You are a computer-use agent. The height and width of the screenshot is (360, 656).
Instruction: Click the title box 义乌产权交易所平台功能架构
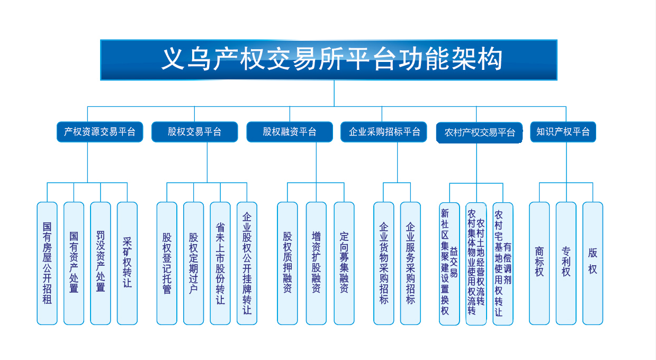[329, 60]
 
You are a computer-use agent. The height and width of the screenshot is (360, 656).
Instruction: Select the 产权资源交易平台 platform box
[100, 132]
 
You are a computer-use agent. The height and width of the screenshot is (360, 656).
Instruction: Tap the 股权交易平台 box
[194, 132]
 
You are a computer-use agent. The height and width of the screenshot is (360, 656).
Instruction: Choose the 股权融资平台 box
[290, 132]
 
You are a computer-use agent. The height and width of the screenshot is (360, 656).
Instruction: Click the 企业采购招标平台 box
[384, 132]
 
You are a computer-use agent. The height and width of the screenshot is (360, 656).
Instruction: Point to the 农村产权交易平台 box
[480, 132]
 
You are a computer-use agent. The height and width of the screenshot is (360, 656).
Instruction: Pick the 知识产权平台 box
[563, 132]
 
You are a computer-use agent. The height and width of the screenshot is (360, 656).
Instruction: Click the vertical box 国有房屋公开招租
[47, 263]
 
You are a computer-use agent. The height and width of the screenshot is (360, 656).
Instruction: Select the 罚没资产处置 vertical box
[101, 263]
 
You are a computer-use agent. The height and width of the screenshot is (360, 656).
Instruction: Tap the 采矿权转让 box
[127, 263]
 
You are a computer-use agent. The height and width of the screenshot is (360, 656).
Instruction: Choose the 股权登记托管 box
[167, 263]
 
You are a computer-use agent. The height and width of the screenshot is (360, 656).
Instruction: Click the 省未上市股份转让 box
[220, 263]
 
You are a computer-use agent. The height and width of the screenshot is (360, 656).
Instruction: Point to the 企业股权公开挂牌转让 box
[247, 263]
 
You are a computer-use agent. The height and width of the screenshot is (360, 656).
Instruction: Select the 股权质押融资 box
[287, 263]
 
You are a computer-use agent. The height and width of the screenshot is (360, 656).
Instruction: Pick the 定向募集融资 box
[344, 263]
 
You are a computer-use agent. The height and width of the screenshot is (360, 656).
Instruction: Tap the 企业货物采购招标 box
[384, 263]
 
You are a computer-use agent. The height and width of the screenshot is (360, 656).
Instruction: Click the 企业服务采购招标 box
[410, 263]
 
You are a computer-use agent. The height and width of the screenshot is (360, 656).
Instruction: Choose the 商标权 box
[540, 263]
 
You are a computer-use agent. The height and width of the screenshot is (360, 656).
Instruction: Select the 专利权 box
[566, 263]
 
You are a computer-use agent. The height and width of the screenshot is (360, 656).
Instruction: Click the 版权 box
[592, 263]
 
